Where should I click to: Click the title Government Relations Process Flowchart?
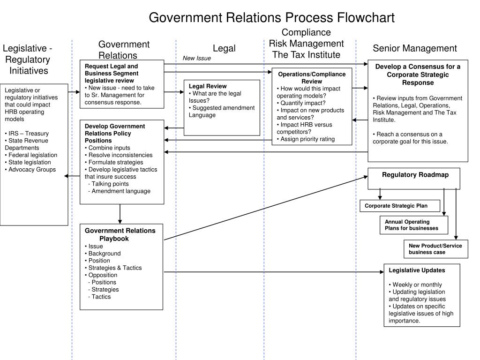(271, 17)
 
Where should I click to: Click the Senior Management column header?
(414, 48)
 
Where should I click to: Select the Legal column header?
(224, 48)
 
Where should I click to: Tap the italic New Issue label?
(197, 58)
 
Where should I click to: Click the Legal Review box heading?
(208, 86)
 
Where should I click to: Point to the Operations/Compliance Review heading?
(312, 78)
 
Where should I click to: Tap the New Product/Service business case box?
(436, 249)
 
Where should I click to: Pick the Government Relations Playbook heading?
(120, 234)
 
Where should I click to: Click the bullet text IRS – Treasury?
(28, 134)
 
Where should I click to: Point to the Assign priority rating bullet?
(307, 139)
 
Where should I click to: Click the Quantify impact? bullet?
(303, 103)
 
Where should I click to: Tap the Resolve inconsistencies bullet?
(120, 155)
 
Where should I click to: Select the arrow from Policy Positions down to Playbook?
(120, 214)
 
